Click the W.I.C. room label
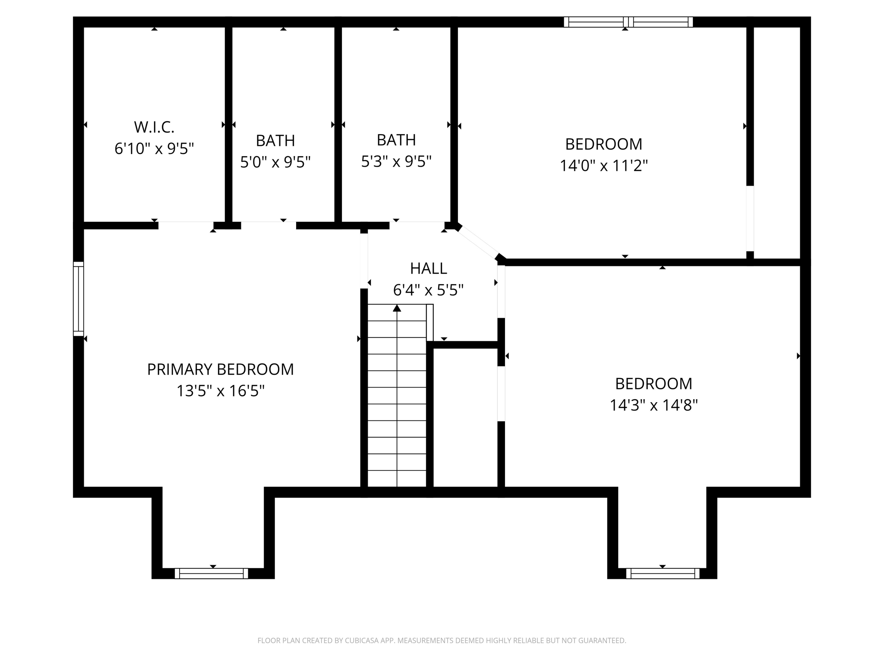[154, 127]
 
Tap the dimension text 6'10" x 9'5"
[154, 149]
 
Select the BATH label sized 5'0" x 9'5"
[275, 141]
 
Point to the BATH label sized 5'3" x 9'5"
[396, 140]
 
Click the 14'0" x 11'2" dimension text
[603, 165]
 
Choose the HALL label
[428, 268]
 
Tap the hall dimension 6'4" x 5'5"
[428, 290]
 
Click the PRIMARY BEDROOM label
[220, 369]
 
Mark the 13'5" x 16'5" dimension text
[220, 391]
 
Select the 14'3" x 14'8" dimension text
[654, 405]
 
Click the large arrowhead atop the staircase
[397, 308]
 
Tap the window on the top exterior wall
[628, 22]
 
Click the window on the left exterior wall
[78, 299]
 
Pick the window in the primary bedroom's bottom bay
[212, 573]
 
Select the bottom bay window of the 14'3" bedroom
[663, 573]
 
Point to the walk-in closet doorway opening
[186, 225]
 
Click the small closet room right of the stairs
[465, 417]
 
